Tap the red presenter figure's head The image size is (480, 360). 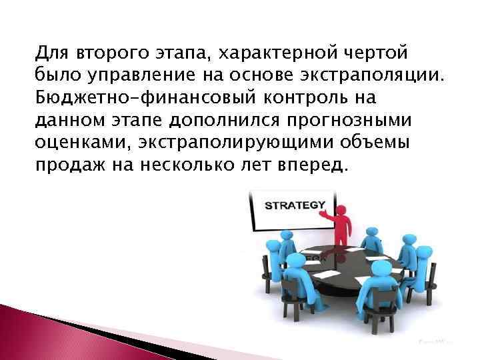[x=341, y=211]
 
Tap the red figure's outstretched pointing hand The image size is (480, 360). [x=321, y=216]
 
